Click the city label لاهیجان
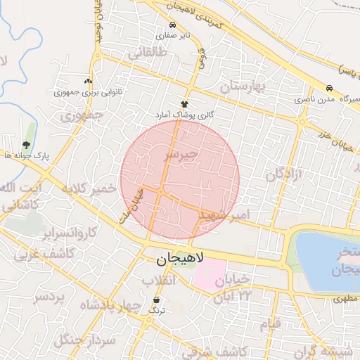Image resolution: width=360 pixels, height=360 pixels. point(179,259)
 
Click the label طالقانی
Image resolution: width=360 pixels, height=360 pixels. point(147,53)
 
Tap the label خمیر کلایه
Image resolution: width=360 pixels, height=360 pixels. point(88,189)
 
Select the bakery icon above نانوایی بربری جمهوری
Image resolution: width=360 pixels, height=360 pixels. point(89,82)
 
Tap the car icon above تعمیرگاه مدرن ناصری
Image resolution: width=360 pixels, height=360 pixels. point(330,89)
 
